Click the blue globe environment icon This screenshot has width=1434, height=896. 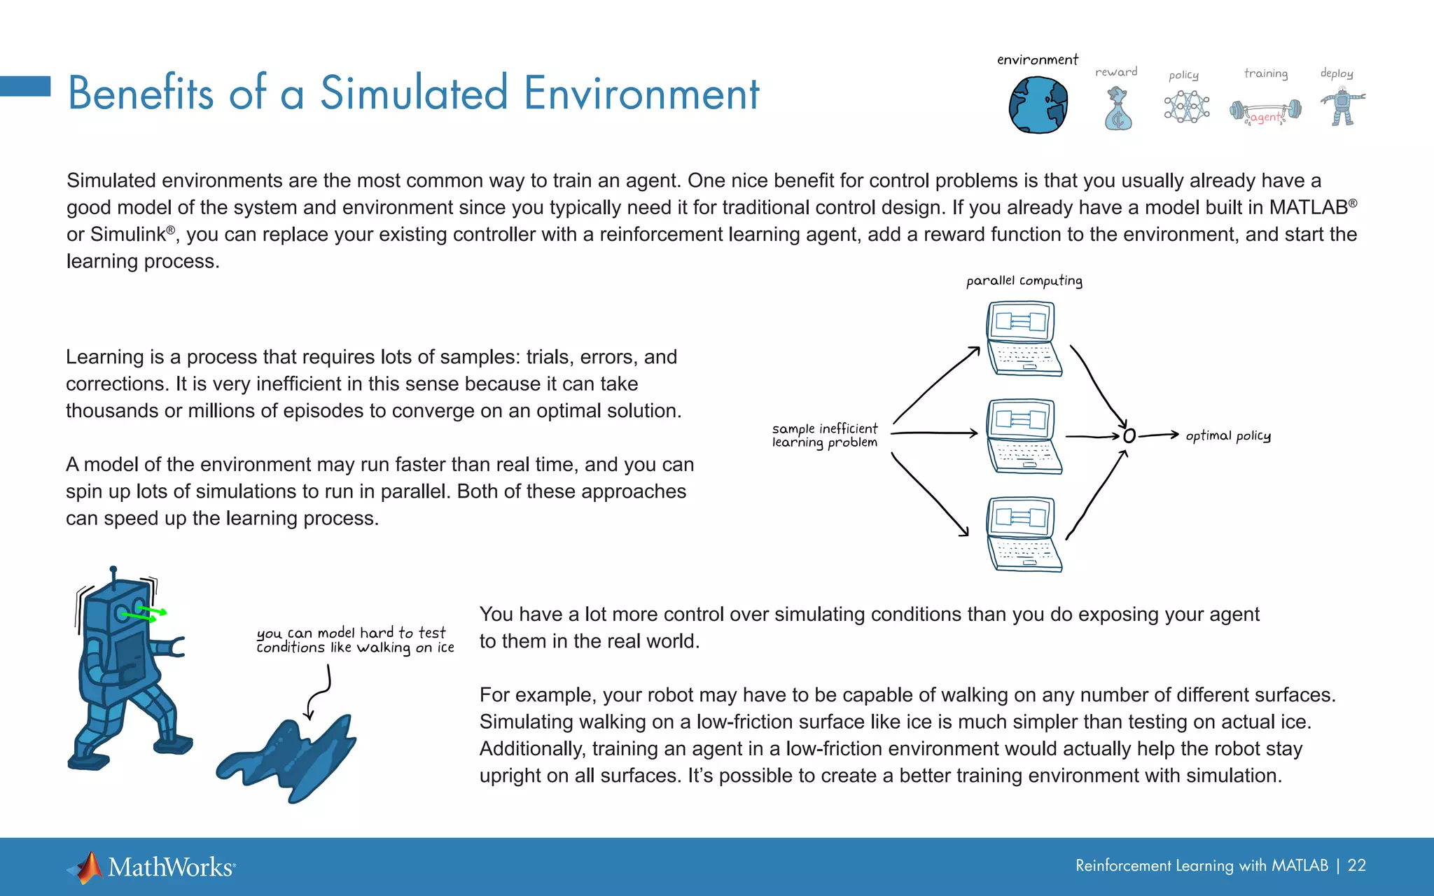[1038, 105]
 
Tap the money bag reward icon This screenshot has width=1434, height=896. [1118, 110]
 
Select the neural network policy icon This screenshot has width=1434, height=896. [1186, 107]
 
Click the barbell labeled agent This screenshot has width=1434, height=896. [1266, 112]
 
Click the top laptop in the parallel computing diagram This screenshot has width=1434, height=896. [1022, 339]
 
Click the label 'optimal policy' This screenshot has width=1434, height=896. [1228, 436]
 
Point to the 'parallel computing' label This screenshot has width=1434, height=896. [1024, 281]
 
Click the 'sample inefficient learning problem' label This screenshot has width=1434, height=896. [824, 435]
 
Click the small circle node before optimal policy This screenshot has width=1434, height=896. [1129, 436]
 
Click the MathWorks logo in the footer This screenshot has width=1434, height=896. [151, 867]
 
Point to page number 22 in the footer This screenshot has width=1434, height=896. [1356, 866]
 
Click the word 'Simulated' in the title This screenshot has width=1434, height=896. [413, 93]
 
